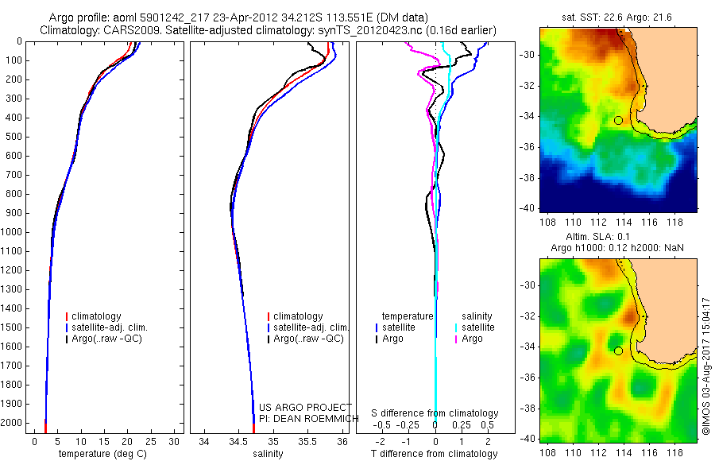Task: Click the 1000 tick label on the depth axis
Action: click(14, 232)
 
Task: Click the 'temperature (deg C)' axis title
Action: click(104, 454)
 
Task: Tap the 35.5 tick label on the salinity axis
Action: click(307, 441)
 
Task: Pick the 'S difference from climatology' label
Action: click(435, 414)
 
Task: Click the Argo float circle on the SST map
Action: click(618, 121)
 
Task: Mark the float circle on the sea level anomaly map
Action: click(618, 351)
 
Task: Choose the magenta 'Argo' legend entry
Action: click(472, 339)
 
